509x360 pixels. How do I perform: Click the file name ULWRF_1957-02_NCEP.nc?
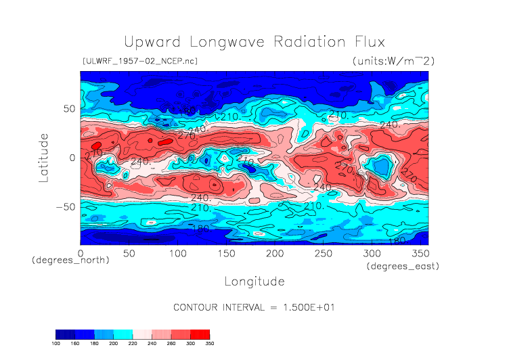coord(139,61)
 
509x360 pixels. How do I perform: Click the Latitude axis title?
coord(44,157)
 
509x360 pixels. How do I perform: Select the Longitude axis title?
coord(255,281)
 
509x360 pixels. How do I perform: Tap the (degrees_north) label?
coord(70,260)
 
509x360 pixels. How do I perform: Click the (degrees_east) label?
coord(403,267)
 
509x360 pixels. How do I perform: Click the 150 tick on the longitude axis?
coord(226,252)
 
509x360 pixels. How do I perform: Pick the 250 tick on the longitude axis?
coord(324,252)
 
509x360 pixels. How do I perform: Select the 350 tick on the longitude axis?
coord(420,252)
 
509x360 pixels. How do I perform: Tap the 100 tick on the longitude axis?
coord(177,252)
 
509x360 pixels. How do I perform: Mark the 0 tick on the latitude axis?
coord(71,158)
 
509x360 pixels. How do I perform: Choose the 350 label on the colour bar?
coord(209,343)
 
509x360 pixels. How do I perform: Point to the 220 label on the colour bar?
coord(133,343)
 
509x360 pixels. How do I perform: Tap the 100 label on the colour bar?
coord(56,343)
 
